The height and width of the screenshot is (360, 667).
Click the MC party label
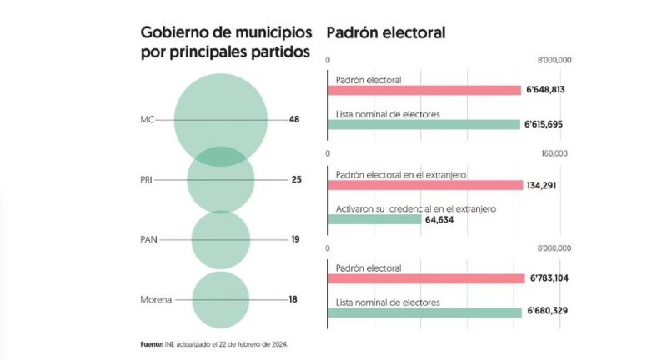pos(148,120)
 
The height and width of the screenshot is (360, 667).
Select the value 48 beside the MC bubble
pos(294,120)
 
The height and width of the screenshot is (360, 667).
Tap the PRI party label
pos(148,180)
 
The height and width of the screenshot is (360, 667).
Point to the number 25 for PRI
pos(296,180)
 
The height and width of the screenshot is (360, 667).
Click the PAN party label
pos(148,240)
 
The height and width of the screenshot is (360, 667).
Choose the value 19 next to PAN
pos(296,240)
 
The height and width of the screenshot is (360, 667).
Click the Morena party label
pos(156,300)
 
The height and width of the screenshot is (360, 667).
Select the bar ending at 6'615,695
pos(424,125)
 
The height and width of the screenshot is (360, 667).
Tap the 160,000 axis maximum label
pos(554,154)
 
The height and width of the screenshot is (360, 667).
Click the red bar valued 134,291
pos(424,185)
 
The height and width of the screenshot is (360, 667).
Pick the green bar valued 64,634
pos(374,220)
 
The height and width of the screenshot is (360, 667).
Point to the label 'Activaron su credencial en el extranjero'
pos(415,208)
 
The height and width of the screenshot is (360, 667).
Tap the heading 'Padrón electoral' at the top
pos(386,33)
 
